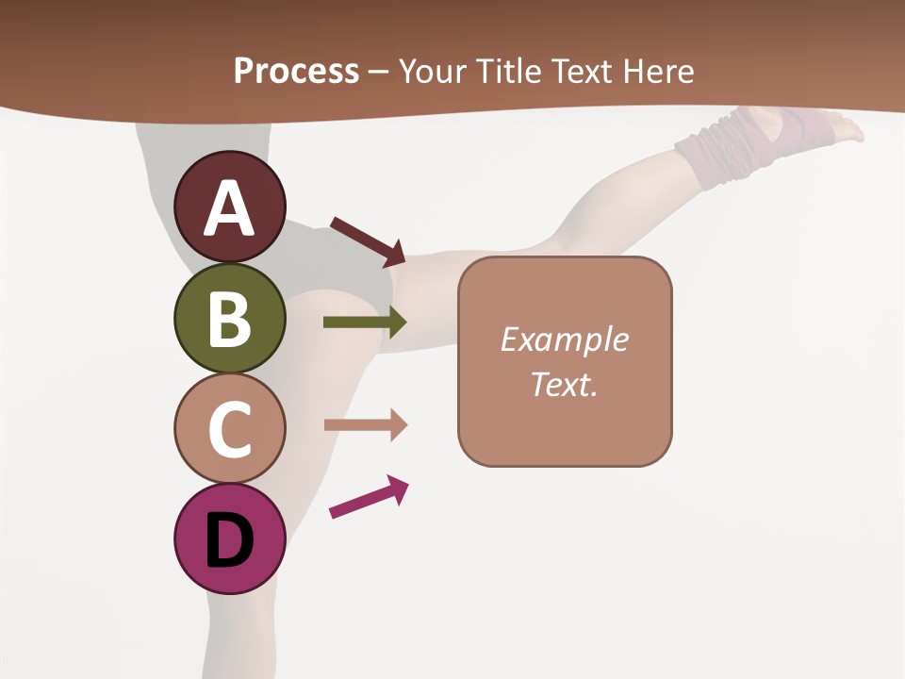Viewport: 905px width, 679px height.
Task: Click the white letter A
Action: click(230, 208)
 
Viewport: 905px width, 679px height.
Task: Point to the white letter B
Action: click(230, 319)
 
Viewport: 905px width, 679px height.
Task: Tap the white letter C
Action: click(230, 429)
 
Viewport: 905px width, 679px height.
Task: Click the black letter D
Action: click(230, 540)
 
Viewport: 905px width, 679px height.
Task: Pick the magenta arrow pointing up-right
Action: click(369, 497)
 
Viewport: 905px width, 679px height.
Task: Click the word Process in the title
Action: click(296, 71)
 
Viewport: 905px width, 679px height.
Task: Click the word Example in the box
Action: click(565, 339)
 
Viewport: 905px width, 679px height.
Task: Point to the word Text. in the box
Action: click(565, 384)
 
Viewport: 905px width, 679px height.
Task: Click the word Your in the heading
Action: click(432, 71)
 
